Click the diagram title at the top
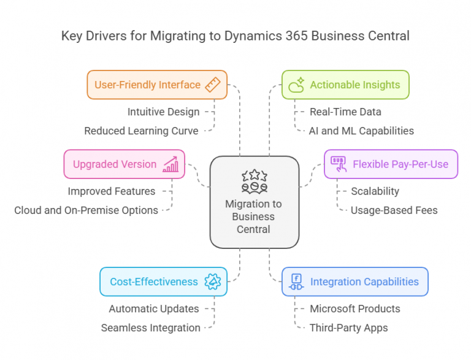[235, 36]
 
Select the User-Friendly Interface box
[157, 85]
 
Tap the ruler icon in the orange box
[212, 85]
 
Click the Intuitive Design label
[163, 112]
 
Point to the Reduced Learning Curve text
[141, 131]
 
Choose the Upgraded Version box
[124, 164]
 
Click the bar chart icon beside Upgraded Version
[170, 164]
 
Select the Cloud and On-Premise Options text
[86, 210]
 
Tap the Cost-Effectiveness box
[164, 281]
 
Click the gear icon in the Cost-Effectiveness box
[213, 281]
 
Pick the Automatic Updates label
[154, 308]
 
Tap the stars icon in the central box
[254, 182]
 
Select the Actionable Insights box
[345, 85]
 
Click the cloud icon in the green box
[297, 85]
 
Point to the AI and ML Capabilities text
[361, 131]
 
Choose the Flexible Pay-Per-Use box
[391, 164]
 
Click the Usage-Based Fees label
[394, 210]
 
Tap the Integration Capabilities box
[354, 281]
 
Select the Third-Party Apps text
[348, 327]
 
